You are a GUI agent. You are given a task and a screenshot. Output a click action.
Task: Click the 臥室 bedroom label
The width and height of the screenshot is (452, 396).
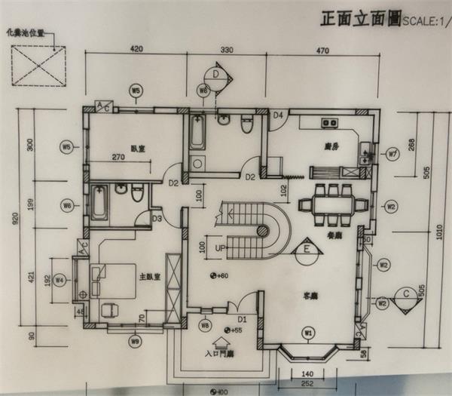137,148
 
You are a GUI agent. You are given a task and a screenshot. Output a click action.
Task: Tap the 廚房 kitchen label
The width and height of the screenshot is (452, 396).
329,147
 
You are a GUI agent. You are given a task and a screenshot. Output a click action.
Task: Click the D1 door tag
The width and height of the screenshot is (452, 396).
243,308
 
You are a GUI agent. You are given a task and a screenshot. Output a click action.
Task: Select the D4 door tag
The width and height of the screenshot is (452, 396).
278,115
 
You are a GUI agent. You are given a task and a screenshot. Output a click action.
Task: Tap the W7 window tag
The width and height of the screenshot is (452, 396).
392,155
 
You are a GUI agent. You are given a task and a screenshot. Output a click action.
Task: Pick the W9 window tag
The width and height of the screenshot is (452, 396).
135,342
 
